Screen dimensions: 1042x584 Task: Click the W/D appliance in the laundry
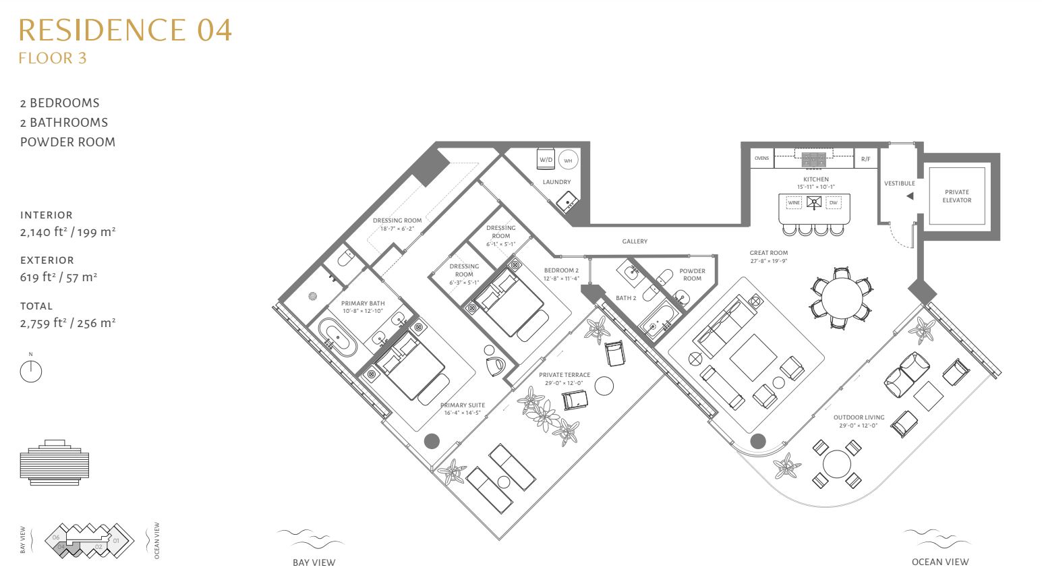(x=546, y=159)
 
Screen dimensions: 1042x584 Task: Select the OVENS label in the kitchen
(x=761, y=158)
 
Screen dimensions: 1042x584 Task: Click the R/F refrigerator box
(x=866, y=158)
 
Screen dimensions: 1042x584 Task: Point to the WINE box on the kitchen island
(x=794, y=203)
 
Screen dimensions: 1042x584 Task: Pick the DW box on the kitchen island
(x=833, y=203)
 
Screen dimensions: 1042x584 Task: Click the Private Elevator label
(x=957, y=196)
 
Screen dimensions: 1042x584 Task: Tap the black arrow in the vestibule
(x=910, y=196)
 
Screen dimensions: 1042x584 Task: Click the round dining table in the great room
(x=842, y=298)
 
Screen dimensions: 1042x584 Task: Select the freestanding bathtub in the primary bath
(x=337, y=338)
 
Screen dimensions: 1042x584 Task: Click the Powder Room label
(x=692, y=274)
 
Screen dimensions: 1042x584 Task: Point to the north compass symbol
(x=31, y=372)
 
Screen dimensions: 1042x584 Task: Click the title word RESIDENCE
(x=102, y=30)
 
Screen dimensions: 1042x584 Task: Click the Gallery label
(x=635, y=241)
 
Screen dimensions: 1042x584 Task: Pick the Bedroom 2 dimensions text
(x=562, y=279)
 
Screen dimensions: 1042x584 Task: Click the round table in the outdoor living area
(x=837, y=464)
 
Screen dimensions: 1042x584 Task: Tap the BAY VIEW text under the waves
(x=314, y=562)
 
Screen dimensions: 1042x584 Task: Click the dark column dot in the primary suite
(x=432, y=441)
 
